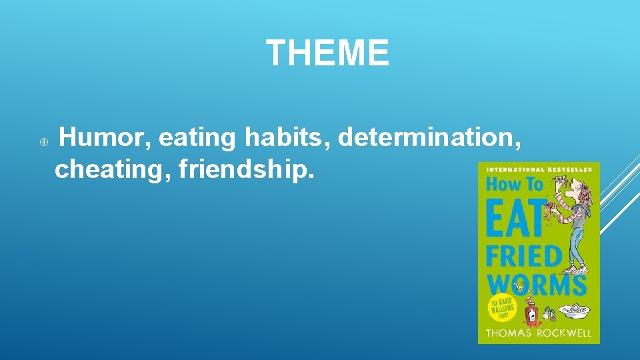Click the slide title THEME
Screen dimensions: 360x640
tap(327, 53)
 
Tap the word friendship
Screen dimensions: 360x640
tap(245, 169)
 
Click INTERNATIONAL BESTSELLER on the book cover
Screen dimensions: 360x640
tap(539, 170)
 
